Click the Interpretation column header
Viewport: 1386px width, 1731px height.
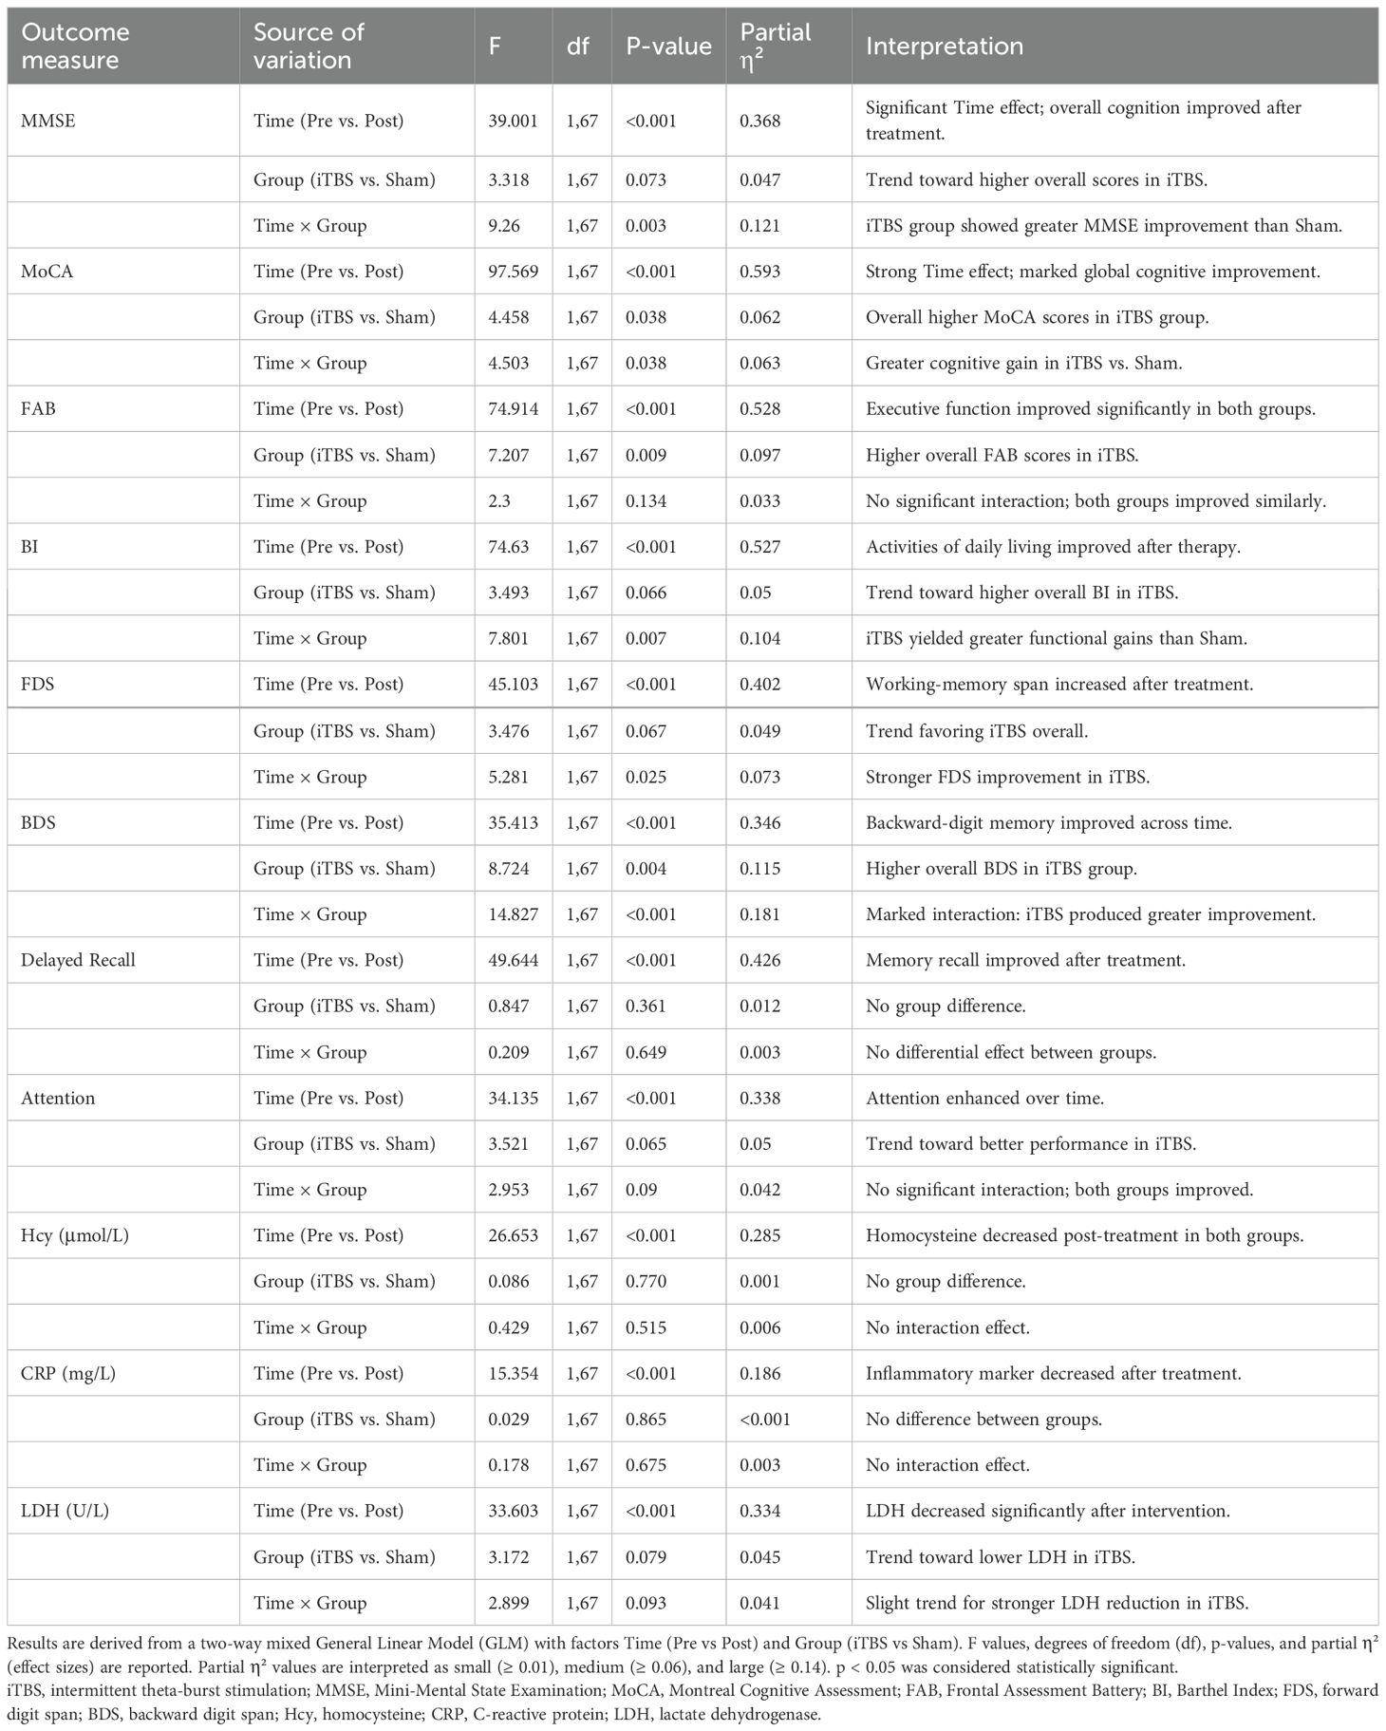click(x=944, y=47)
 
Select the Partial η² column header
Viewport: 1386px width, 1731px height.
click(x=776, y=46)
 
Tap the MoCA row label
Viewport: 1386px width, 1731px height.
click(x=47, y=272)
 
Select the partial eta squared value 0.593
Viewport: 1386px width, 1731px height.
click(x=760, y=272)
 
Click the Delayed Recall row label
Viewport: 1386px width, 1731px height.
click(x=78, y=960)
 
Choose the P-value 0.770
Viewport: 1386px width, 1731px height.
click(x=646, y=1281)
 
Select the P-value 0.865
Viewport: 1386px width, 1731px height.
click(x=646, y=1419)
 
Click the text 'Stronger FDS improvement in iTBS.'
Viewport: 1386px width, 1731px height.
click(x=1007, y=777)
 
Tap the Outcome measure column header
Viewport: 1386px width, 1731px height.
click(x=76, y=46)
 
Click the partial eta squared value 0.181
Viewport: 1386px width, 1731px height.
click(x=760, y=914)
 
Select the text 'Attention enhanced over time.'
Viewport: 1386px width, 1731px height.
click(x=984, y=1098)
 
